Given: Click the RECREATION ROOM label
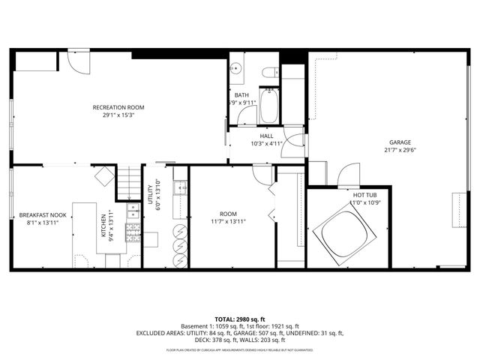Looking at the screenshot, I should pyautogui.click(x=118, y=107).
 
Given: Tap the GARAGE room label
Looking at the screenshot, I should pyautogui.click(x=400, y=142).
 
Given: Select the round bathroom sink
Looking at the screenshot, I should pyautogui.click(x=237, y=69).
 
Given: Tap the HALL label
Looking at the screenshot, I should pyautogui.click(x=266, y=136).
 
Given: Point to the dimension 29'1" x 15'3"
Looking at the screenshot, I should pyautogui.click(x=118, y=115).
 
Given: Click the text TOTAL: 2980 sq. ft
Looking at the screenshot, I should pyautogui.click(x=239, y=319).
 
